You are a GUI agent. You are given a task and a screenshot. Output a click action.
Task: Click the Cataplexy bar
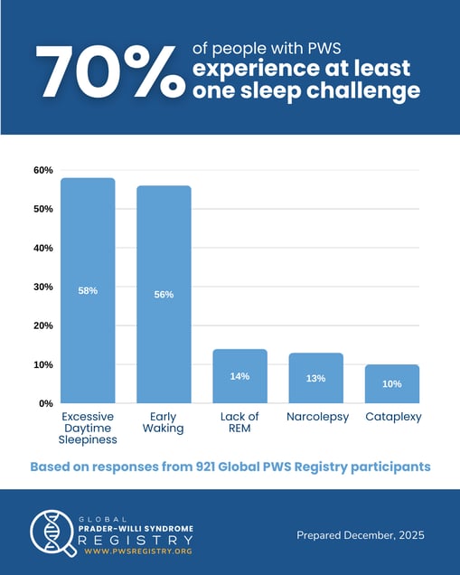392,383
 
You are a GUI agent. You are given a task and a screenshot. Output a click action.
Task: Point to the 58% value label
88,291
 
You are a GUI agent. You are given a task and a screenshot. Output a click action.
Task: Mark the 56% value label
164,295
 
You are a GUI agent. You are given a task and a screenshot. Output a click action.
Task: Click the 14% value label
239,376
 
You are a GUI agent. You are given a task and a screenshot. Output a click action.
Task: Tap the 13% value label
315,378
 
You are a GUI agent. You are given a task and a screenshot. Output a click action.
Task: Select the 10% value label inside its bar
392,384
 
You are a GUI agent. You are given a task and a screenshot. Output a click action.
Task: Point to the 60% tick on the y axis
43,170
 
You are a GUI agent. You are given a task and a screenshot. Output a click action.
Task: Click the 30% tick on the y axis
43,287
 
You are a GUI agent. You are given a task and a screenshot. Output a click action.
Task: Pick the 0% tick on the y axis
46,403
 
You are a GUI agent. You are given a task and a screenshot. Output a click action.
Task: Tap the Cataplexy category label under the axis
392,417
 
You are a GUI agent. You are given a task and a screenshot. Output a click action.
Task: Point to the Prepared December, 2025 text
360,535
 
